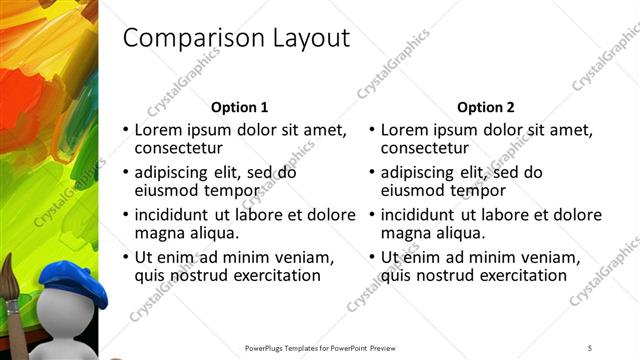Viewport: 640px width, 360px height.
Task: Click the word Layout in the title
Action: click(305, 39)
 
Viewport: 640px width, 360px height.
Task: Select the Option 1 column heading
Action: click(240, 107)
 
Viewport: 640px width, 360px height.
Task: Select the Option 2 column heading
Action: click(486, 107)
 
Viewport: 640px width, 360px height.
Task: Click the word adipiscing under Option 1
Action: click(173, 172)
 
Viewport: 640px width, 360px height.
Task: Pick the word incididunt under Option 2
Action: click(419, 215)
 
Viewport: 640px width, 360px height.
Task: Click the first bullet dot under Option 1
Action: click(125, 131)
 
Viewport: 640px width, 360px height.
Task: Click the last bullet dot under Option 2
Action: click(371, 258)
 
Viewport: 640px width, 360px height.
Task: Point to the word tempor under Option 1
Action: click(236, 191)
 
